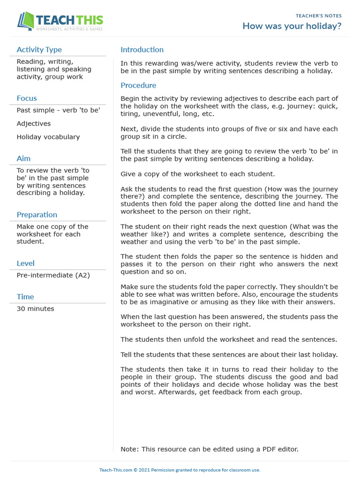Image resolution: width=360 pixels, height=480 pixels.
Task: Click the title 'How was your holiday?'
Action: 292,26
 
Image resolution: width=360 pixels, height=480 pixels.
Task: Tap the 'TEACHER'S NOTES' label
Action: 318,16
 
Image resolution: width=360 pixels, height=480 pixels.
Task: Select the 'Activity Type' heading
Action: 39,50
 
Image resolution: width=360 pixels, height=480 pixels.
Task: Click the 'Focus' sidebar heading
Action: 27,98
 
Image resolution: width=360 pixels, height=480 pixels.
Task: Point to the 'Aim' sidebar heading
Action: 23,158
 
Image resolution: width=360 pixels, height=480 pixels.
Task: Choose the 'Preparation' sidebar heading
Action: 37,215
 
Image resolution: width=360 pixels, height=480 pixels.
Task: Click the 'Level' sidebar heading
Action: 25,263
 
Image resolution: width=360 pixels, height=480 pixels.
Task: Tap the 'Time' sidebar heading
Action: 25,297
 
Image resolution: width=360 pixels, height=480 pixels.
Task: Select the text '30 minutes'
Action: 35,309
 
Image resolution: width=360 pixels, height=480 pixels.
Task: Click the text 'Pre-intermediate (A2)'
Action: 53,275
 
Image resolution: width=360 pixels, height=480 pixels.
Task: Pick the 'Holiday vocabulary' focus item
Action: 48,137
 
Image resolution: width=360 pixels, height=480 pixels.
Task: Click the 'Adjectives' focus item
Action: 34,124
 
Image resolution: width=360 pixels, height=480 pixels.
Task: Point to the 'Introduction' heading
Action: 142,50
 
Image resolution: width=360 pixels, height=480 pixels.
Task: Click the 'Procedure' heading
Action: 138,85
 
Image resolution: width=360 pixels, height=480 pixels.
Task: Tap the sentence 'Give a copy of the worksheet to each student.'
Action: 197,174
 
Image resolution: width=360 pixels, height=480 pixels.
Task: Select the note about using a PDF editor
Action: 209,449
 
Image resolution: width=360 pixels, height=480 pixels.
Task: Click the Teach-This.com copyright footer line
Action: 180,470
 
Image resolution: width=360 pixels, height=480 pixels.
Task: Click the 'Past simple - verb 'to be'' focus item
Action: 58,110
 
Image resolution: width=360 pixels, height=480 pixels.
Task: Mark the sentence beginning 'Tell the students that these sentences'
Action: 229,354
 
